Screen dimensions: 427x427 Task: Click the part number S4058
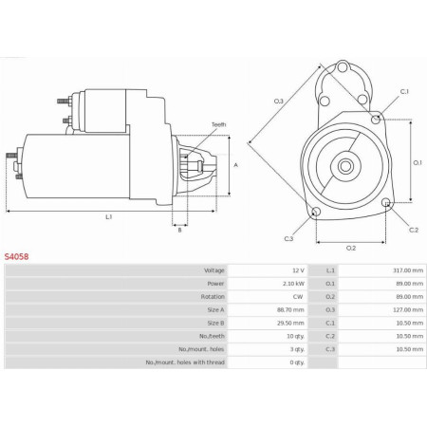pos(16,256)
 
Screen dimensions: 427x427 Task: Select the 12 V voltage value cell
pos(298,270)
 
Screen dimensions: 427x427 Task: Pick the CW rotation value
pos(298,296)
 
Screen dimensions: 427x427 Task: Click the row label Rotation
pos(213,296)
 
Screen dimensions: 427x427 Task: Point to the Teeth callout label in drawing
pos(218,124)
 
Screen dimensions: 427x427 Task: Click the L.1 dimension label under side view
pos(109,217)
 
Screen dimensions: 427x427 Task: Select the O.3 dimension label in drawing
pos(279,101)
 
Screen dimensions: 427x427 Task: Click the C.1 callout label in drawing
pos(404,91)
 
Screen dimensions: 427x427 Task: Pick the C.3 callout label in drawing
pos(288,237)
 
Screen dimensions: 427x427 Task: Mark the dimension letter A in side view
pos(234,165)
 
